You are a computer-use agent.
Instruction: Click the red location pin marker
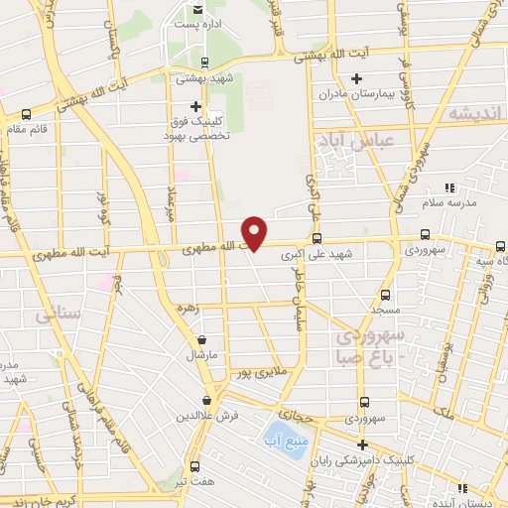coord(256,232)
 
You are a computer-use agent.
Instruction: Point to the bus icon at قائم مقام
coord(25,114)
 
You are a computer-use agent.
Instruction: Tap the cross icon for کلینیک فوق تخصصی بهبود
coord(195,106)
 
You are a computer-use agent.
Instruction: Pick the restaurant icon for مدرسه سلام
coord(448,187)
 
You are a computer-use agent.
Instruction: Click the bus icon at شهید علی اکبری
coord(317,238)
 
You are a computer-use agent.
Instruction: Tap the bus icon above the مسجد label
coord(385,295)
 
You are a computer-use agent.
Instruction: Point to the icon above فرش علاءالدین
coord(205,400)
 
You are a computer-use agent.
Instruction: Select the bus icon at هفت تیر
coord(194,465)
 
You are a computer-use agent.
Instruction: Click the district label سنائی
coord(58,316)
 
